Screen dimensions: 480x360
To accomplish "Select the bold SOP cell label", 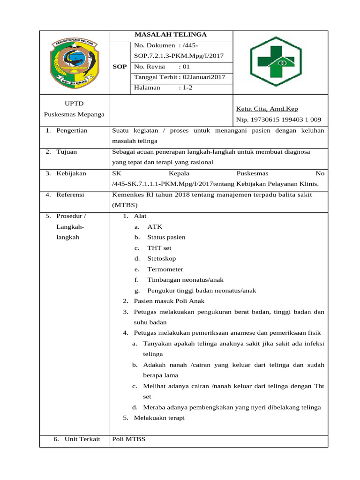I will [120, 67].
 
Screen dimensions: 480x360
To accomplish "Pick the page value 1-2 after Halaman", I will [186, 87].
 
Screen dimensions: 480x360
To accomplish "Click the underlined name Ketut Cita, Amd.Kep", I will [267, 109].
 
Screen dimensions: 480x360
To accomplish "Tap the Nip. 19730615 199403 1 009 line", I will [278, 120].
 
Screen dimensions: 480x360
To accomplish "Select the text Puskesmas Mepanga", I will [75, 114].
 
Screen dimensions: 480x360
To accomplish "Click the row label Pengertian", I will [72, 130].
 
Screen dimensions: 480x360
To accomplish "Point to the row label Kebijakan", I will [71, 173].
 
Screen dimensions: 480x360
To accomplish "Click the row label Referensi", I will [71, 195].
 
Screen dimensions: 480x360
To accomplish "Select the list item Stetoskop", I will [161, 258].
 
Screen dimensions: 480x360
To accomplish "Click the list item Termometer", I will [165, 269].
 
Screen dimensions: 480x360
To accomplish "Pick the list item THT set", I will [159, 247].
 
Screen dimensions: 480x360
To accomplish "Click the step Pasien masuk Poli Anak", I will [169, 301].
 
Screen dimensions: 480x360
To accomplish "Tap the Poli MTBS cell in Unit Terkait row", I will [129, 439].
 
